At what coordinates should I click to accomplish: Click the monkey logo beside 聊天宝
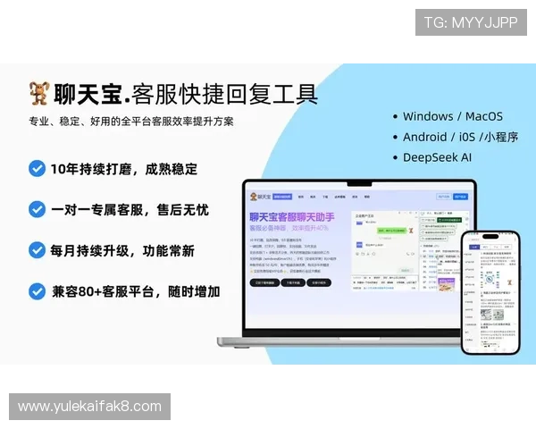click(x=38, y=93)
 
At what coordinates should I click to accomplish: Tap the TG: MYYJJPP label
click(x=471, y=21)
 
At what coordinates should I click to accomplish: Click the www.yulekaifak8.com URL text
click(x=89, y=407)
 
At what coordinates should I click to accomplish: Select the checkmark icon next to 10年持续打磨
click(x=37, y=168)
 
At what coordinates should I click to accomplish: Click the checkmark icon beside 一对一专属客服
click(x=37, y=209)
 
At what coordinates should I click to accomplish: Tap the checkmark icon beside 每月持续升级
click(x=37, y=250)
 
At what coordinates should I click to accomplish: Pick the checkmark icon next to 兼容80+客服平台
click(x=37, y=291)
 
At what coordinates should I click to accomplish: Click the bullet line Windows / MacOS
click(x=452, y=116)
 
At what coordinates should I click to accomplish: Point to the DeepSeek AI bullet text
click(x=437, y=157)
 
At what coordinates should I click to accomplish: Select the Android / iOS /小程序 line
click(x=460, y=137)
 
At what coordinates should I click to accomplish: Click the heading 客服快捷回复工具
click(x=224, y=94)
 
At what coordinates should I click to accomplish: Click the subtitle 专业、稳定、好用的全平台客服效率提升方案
click(x=131, y=122)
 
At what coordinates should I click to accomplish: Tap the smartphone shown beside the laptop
click(x=490, y=290)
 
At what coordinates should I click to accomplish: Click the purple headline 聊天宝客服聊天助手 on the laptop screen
click(x=291, y=216)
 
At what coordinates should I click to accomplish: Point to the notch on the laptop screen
click(x=360, y=185)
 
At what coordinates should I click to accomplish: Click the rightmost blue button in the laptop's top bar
click(x=460, y=196)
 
